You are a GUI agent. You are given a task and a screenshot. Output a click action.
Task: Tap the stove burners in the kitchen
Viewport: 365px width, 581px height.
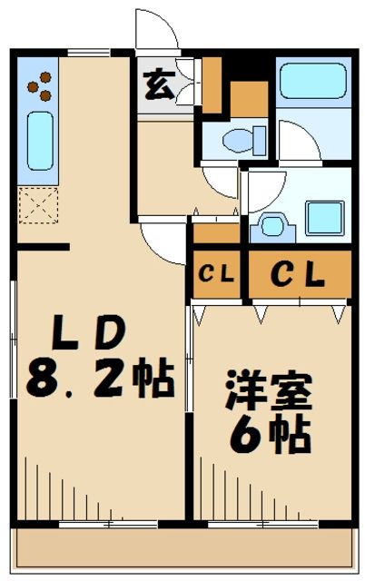pyautogui.click(x=38, y=87)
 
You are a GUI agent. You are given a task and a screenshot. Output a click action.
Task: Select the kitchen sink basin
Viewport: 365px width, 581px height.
pyautogui.click(x=39, y=141)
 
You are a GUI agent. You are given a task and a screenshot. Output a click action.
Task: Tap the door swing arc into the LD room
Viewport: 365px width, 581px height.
pyautogui.click(x=164, y=241)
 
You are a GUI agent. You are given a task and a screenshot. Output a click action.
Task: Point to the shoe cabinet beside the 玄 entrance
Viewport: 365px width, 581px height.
pyautogui.click(x=212, y=82)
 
